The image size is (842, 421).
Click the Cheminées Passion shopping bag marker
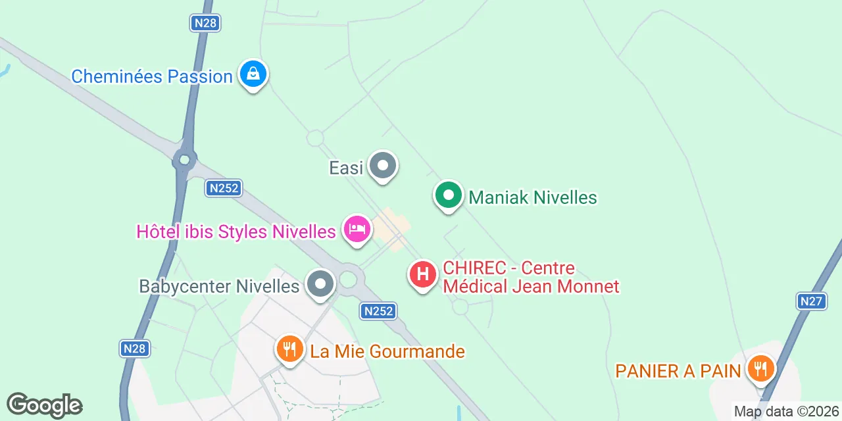(x=253, y=74)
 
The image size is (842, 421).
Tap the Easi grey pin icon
(x=382, y=166)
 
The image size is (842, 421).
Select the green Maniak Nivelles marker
(x=448, y=196)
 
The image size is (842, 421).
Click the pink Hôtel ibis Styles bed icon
(x=357, y=230)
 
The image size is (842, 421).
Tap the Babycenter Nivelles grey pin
(x=321, y=285)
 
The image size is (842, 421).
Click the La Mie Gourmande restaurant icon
(x=289, y=349)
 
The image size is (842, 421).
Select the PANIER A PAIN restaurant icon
(x=761, y=368)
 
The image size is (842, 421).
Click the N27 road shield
(x=811, y=301)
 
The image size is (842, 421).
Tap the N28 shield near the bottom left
(x=135, y=348)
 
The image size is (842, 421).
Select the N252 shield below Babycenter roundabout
(x=379, y=310)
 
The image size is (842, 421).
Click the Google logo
(x=44, y=405)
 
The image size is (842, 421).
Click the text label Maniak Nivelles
(x=532, y=197)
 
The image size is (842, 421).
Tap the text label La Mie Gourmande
(x=387, y=352)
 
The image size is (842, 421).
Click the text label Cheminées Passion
(x=152, y=76)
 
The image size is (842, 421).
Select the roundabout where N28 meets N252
(x=184, y=159)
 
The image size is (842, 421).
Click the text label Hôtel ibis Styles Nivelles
(x=236, y=232)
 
